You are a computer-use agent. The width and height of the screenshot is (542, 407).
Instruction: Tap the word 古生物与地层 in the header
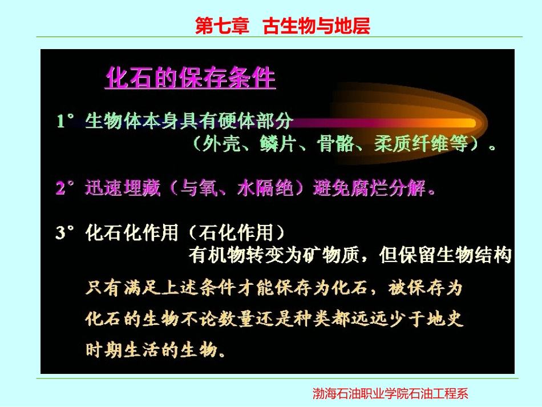[x=316, y=26]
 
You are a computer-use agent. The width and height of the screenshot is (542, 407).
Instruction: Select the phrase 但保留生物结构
[x=445, y=256]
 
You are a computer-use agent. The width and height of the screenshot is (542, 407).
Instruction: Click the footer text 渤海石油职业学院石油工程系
[x=390, y=393]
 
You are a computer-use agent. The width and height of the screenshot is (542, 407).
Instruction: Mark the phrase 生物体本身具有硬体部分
[x=189, y=122]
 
